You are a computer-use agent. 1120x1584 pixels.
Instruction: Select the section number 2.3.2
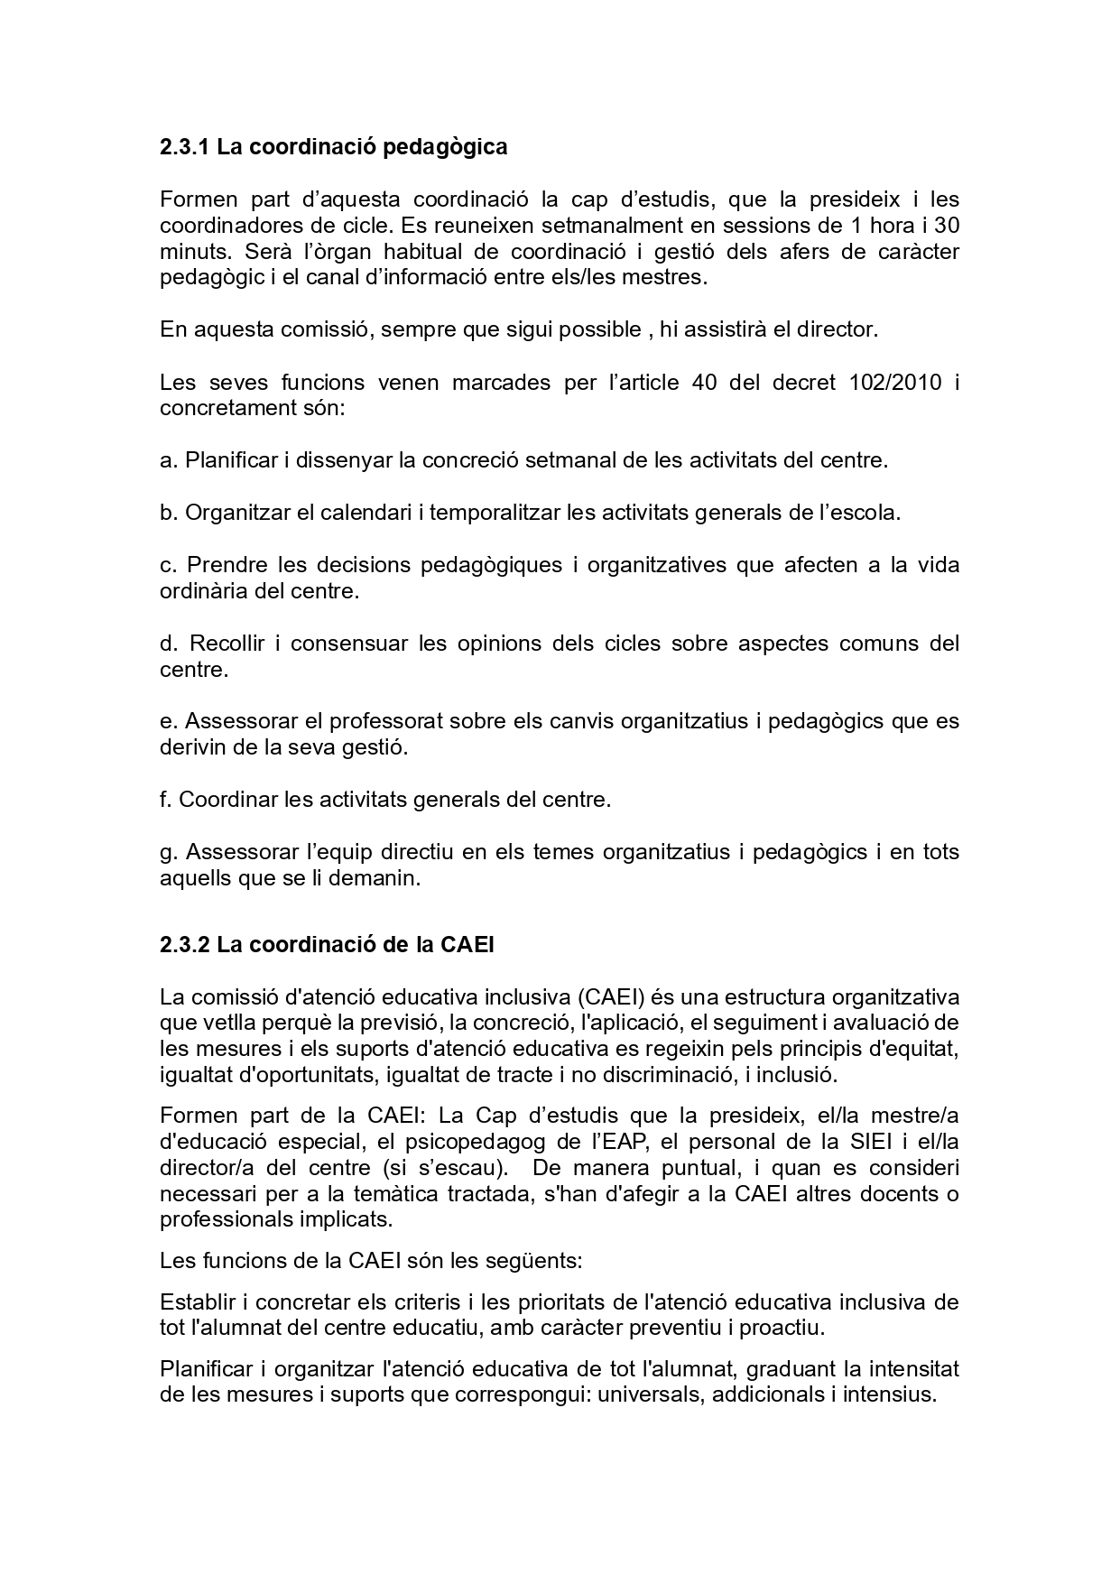pos(185,945)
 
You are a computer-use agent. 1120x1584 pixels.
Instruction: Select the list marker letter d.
pos(167,644)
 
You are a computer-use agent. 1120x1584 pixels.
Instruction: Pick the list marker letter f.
pos(165,800)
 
